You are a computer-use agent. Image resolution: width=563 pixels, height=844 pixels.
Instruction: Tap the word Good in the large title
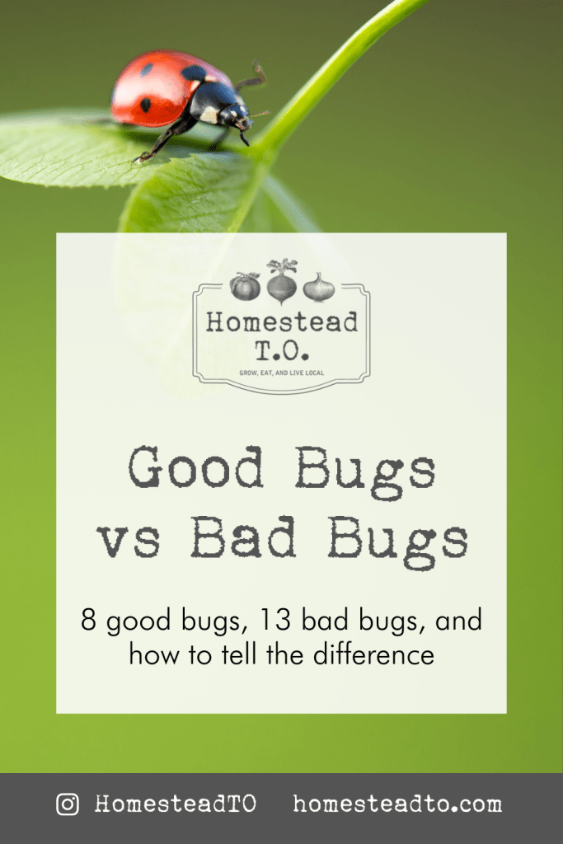point(195,470)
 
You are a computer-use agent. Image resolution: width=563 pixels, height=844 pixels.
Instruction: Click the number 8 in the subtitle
point(89,620)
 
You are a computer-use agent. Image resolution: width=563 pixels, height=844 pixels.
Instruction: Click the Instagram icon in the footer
point(68,804)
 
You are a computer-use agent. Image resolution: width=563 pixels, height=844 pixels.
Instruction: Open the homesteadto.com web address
point(397,804)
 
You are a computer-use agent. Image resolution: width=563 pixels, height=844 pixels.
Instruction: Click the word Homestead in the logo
point(282,322)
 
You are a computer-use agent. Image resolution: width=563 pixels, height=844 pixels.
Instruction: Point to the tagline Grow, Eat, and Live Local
point(281,373)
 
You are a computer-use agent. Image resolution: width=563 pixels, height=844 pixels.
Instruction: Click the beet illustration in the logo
point(282,282)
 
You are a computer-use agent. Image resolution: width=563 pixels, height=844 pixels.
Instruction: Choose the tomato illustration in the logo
point(245,287)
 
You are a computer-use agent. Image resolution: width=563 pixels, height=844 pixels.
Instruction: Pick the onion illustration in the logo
point(319,287)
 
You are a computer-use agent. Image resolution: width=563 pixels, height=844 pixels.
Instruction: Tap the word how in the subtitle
point(152,655)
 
